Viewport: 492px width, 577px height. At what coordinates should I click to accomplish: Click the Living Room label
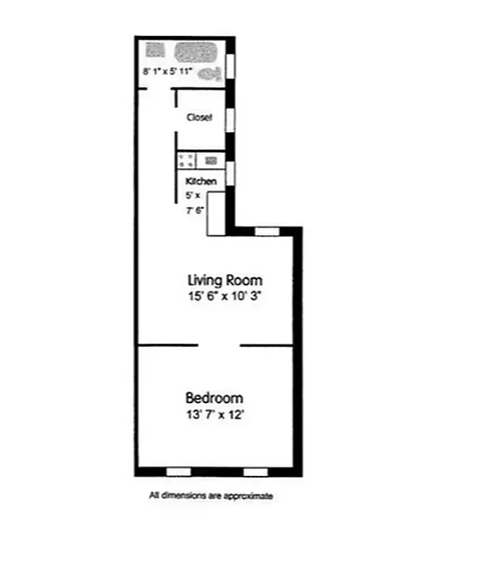225,280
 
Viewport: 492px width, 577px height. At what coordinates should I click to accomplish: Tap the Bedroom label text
214,398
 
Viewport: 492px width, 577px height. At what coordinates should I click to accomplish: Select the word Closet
199,118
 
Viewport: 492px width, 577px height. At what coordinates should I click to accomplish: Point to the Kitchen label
201,182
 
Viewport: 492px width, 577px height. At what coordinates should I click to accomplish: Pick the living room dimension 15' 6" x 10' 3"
225,296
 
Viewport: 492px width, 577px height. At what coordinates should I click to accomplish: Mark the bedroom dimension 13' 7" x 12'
214,415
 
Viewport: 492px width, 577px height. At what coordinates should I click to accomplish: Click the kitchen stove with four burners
185,161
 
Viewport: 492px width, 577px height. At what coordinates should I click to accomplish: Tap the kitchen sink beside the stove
211,161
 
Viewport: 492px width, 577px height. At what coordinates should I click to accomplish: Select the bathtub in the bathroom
196,52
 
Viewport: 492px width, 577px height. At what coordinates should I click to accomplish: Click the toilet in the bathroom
212,72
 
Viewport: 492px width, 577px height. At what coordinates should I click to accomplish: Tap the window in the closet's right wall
231,119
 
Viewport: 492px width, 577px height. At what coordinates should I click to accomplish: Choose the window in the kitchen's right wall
231,175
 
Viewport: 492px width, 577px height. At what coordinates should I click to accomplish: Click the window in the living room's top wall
268,232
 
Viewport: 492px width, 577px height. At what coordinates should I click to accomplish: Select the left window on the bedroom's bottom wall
178,472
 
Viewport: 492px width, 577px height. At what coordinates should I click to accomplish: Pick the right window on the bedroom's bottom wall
255,472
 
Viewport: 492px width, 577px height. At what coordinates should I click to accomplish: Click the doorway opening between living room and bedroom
219,345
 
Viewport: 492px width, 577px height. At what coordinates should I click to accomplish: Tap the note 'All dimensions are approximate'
211,495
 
